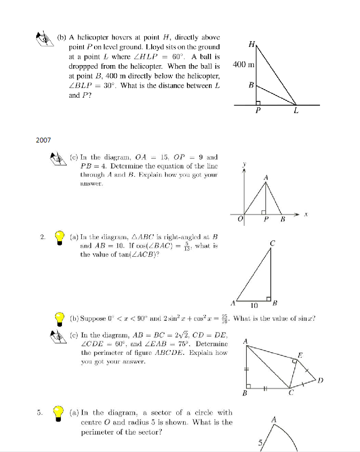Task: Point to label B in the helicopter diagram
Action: pyautogui.click(x=251, y=85)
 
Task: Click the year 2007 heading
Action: pyautogui.click(x=43, y=140)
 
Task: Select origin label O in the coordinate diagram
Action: pyautogui.click(x=240, y=219)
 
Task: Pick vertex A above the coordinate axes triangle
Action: pyautogui.click(x=265, y=177)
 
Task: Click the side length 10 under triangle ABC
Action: pyautogui.click(x=255, y=305)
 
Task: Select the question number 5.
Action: pyautogui.click(x=40, y=413)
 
